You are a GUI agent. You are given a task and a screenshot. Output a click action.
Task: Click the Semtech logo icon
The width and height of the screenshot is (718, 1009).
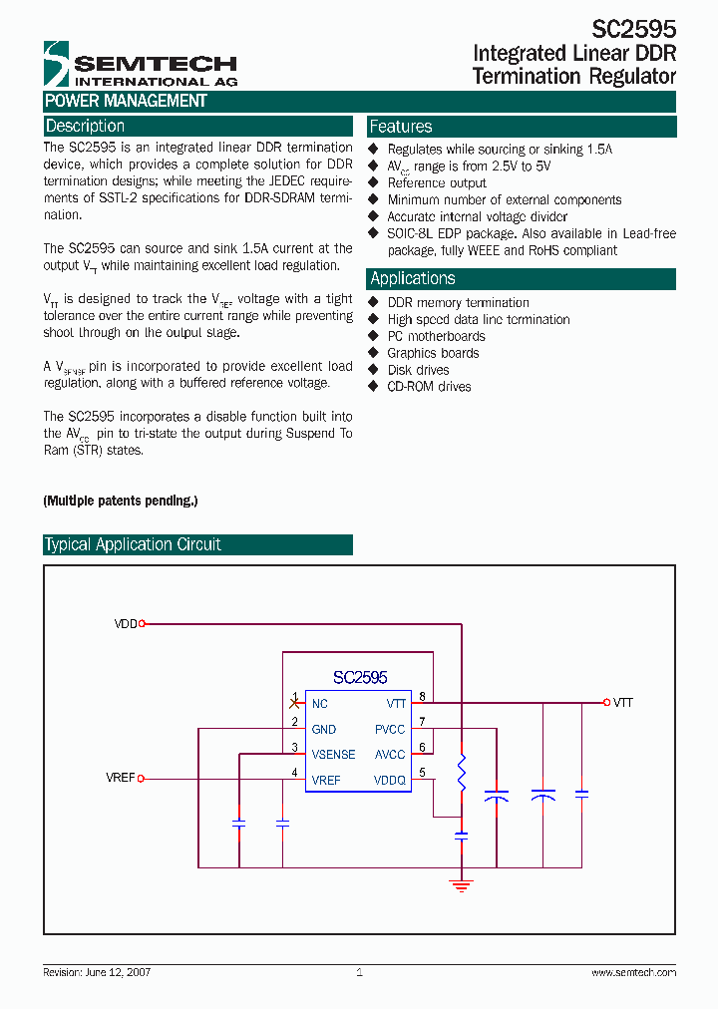pos(57,65)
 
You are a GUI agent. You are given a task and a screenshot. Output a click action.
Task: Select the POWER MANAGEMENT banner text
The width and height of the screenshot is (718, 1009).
pos(126,101)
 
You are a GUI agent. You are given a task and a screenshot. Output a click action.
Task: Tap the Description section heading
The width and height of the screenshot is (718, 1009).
pos(86,127)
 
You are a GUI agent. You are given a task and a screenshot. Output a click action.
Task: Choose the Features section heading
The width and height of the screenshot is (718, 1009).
pos(401,127)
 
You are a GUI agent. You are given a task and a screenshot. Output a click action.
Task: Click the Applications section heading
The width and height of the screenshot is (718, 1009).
pos(413,279)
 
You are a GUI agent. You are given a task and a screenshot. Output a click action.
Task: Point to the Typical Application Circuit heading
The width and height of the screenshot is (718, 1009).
pos(133,544)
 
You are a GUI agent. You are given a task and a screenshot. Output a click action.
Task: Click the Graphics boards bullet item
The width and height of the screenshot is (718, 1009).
pos(433,353)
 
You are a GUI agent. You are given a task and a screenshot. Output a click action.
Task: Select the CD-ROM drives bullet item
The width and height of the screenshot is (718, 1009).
pos(429,387)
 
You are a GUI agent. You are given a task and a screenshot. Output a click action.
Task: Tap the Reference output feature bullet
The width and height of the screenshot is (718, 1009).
pos(437,183)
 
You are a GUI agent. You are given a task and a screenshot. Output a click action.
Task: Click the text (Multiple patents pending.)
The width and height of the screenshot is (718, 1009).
pos(121,501)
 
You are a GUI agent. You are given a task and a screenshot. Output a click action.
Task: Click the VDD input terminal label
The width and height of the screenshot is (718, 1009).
pos(126,624)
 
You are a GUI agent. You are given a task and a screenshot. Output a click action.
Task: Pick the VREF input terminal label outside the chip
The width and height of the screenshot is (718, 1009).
pos(121,778)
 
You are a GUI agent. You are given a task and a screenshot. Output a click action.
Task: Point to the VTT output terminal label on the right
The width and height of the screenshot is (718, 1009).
pos(623,703)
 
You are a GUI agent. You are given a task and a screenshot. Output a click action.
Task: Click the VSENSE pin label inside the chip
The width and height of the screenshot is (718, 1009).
pos(333,755)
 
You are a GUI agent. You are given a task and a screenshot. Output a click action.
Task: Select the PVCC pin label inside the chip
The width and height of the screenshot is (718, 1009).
pos(390,729)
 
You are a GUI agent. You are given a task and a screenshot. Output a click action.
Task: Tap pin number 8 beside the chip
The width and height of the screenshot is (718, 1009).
pos(423,696)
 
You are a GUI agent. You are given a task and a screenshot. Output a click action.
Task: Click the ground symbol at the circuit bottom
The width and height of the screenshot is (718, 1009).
pos(461,882)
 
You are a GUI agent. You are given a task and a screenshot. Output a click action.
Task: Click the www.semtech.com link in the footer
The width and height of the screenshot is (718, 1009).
pos(633,972)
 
